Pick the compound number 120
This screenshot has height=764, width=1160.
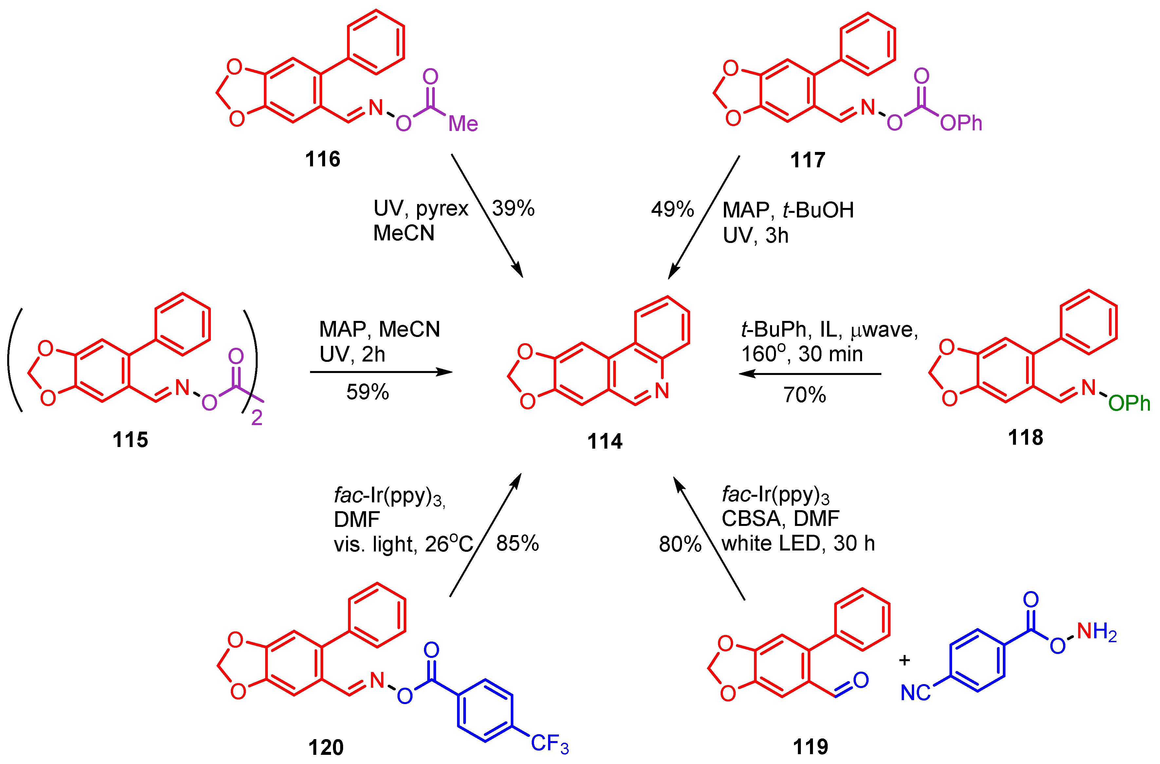325,747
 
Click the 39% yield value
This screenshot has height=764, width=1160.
513,209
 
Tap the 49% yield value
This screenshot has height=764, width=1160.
672,210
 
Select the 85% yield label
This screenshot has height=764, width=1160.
517,544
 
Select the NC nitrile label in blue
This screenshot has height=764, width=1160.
915,693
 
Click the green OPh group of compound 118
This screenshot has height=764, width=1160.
1129,403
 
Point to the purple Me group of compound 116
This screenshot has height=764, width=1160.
463,124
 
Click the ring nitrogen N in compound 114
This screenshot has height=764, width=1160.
661,391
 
